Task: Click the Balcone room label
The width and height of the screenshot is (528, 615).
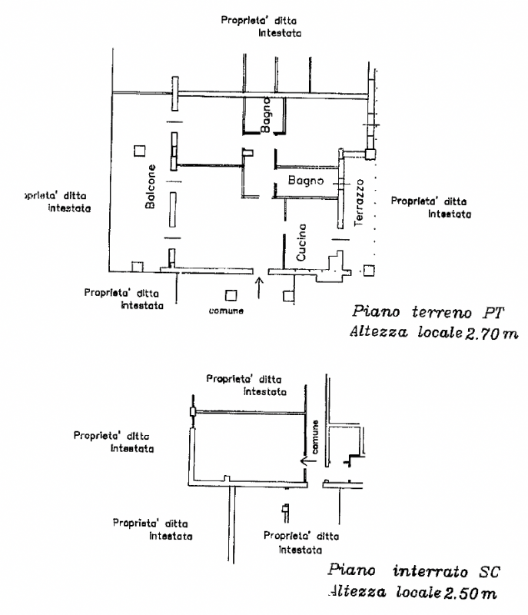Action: pyautogui.click(x=151, y=186)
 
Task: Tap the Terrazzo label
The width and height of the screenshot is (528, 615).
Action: pyautogui.click(x=359, y=202)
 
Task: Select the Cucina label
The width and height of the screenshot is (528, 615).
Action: pyautogui.click(x=301, y=242)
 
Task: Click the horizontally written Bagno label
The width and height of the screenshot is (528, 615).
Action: pyautogui.click(x=306, y=180)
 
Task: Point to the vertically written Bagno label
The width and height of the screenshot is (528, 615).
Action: pyautogui.click(x=265, y=115)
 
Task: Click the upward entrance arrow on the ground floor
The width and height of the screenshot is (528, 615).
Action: pyautogui.click(x=259, y=288)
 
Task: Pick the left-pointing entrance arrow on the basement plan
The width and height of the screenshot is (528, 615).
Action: pyautogui.click(x=308, y=460)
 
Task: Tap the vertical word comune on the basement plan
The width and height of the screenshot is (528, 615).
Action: pyautogui.click(x=315, y=437)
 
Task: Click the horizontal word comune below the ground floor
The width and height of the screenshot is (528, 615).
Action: pyautogui.click(x=226, y=311)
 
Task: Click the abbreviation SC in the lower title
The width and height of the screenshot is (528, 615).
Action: pyautogui.click(x=490, y=572)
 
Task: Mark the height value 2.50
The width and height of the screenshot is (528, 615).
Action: pyautogui.click(x=461, y=593)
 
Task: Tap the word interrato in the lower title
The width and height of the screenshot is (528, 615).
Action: pyautogui.click(x=430, y=571)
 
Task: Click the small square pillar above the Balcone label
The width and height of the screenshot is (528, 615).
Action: pyautogui.click(x=140, y=151)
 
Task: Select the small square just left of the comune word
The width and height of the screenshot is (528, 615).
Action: pyautogui.click(x=231, y=295)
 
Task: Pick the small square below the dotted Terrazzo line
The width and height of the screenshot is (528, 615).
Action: pyautogui.click(x=369, y=271)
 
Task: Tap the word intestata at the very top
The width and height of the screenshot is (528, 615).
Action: pyautogui.click(x=280, y=33)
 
